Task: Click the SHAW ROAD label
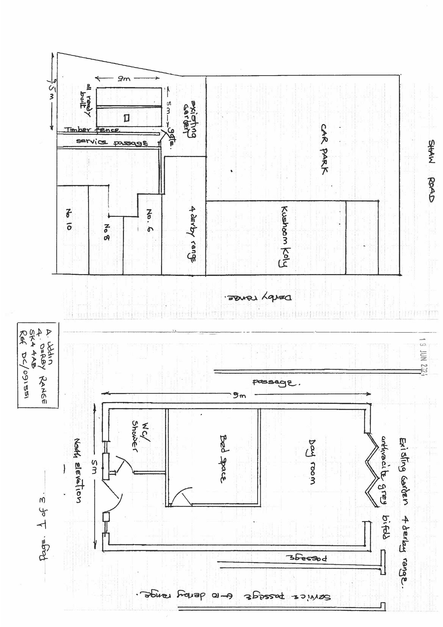point(431,171)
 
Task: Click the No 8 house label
point(107,232)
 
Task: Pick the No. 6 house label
point(150,220)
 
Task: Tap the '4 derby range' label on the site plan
point(192,234)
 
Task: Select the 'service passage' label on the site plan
point(112,142)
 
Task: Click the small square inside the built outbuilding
point(126,118)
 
